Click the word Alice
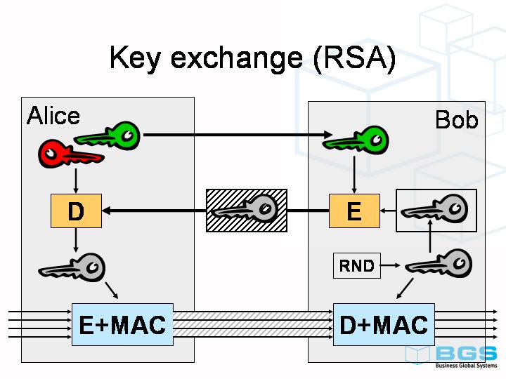53,116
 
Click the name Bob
456,120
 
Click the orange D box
76,211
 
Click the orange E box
354,211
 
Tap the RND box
356,266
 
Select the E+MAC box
122,325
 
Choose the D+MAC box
384,325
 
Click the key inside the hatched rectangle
246,209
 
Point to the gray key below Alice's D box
72,268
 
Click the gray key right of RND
439,265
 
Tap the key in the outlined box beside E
436,210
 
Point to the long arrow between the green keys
232,135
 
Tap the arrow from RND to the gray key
393,266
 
